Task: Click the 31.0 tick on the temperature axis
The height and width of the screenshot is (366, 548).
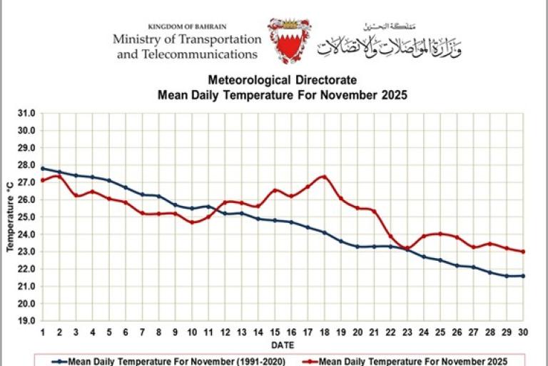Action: coord(26,113)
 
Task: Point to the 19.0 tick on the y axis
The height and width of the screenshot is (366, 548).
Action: coord(26,321)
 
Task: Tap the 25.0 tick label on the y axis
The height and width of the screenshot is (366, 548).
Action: coord(26,217)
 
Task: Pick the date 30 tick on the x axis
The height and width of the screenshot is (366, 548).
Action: coord(523,332)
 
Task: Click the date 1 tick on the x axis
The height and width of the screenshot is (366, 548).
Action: coord(43,332)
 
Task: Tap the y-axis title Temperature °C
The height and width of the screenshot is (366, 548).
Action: coord(10,217)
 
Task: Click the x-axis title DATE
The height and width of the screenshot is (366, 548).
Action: coord(283,343)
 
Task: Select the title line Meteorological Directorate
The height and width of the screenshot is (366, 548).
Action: coord(283,81)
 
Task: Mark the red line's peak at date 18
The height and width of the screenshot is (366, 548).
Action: coord(325,176)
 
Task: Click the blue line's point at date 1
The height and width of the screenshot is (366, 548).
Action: coord(43,169)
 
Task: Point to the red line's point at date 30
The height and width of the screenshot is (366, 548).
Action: coord(523,252)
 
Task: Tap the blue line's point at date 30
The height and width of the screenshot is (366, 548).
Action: coord(523,276)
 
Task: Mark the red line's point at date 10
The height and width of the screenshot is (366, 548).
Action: coord(192,222)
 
